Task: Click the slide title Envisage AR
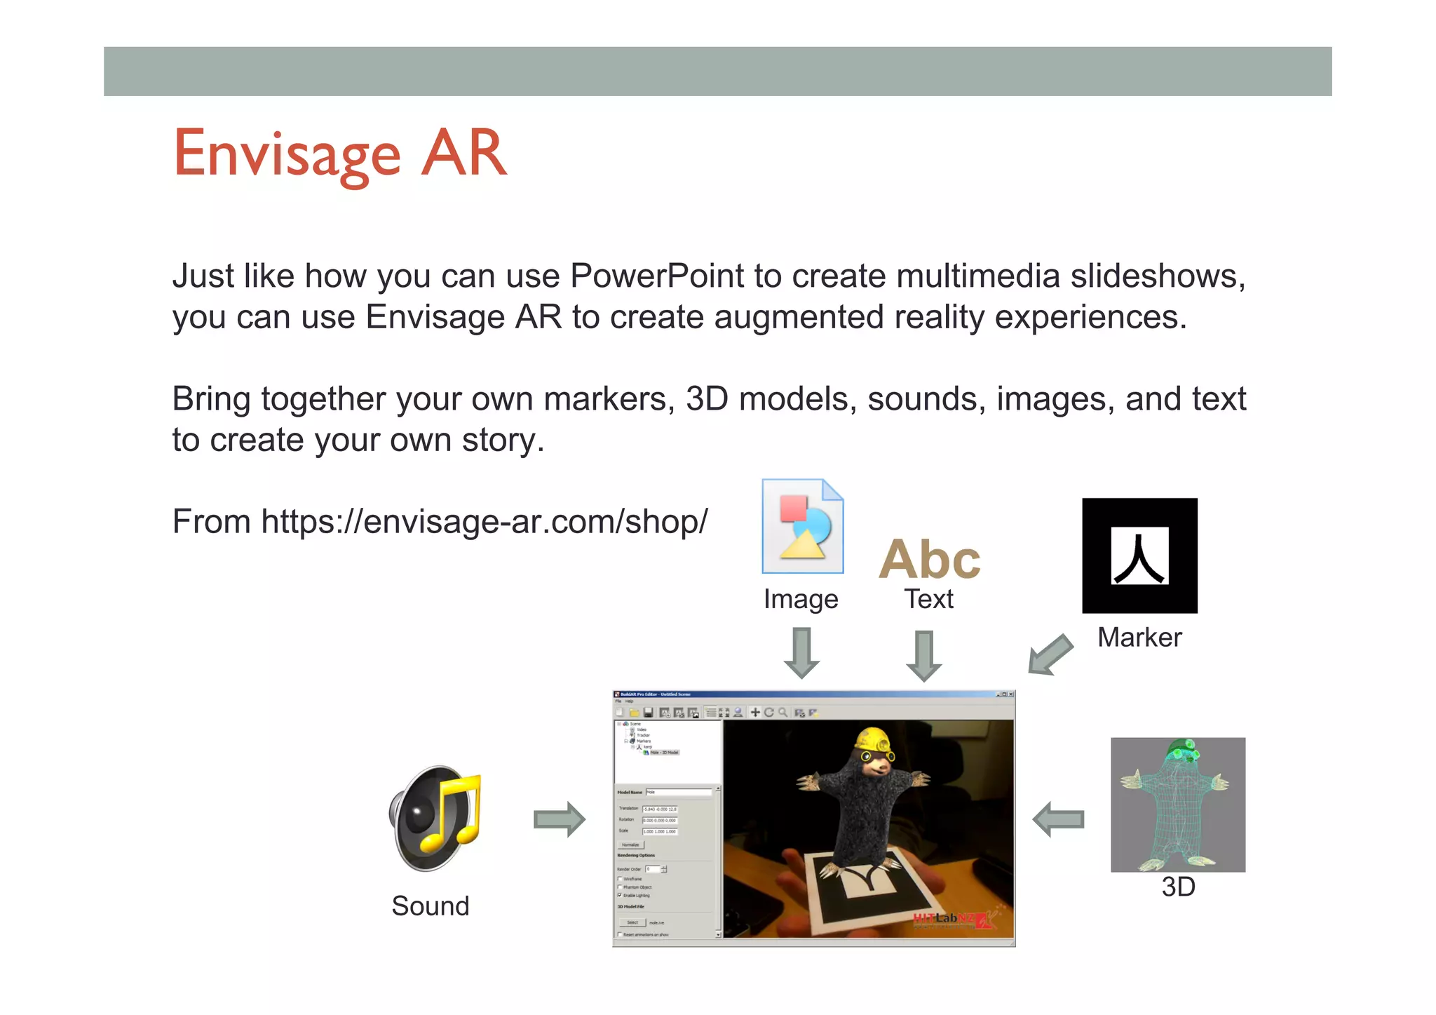pos(340,154)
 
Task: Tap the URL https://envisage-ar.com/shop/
pos(484,522)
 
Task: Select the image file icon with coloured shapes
pos(803,526)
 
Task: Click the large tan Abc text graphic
pos(930,560)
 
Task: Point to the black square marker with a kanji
pos(1139,556)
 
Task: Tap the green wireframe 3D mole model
pos(1178,805)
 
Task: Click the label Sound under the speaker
pos(430,906)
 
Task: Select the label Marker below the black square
pos(1139,638)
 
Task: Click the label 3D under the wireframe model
pos(1178,887)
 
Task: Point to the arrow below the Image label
pos(801,653)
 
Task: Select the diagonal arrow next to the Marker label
pos(1050,655)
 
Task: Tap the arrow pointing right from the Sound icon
pos(559,819)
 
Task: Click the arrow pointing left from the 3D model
pos(1059,819)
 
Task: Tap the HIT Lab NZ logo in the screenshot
pos(954,920)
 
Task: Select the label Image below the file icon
pos(801,600)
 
